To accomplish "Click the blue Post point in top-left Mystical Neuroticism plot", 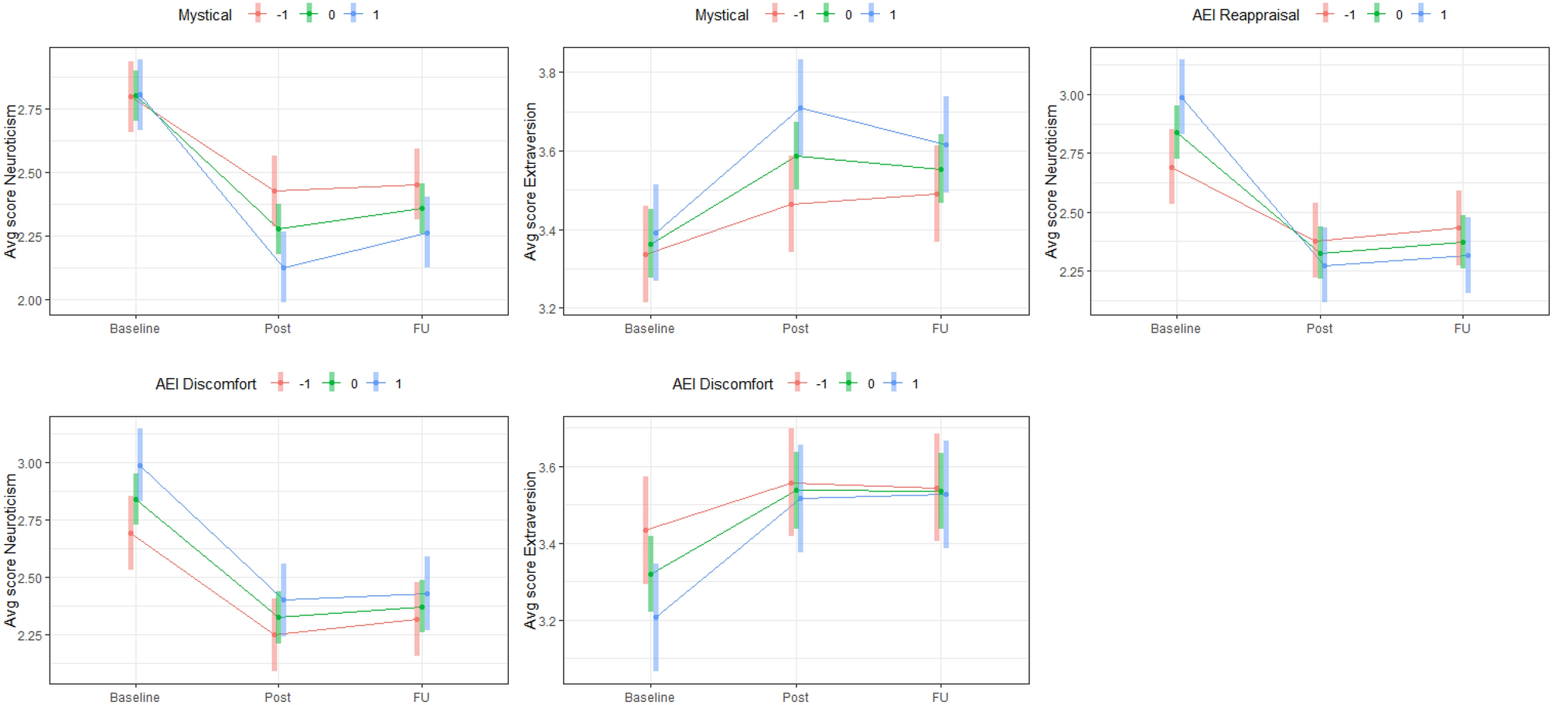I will (x=284, y=267).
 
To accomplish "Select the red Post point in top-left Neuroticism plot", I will (x=274, y=191).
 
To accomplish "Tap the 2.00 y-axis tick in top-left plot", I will (x=29, y=301).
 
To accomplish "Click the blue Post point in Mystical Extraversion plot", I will (x=800, y=108).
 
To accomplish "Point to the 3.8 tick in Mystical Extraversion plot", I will (x=547, y=73).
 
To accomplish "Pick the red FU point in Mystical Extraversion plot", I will (x=936, y=194).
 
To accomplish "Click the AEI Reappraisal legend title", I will (x=1245, y=15).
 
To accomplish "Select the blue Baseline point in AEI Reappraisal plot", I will (x=1182, y=98).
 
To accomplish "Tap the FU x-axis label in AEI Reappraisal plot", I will (x=1462, y=329).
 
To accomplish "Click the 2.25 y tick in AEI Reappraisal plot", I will (x=1071, y=272).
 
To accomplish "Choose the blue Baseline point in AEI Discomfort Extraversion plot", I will (x=656, y=617).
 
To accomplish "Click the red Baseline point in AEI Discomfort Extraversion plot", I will (x=646, y=530).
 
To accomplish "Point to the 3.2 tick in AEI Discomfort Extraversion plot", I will (x=547, y=622).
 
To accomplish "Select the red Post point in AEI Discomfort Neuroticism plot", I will (x=274, y=635).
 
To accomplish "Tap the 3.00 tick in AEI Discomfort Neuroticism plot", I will (x=29, y=464).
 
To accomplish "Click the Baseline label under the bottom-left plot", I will (x=135, y=697).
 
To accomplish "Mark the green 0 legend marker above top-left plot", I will (x=309, y=14).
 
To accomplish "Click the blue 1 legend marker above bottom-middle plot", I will (x=894, y=383).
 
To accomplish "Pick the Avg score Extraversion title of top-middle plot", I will (x=530, y=182).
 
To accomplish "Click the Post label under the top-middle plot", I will (x=795, y=329).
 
